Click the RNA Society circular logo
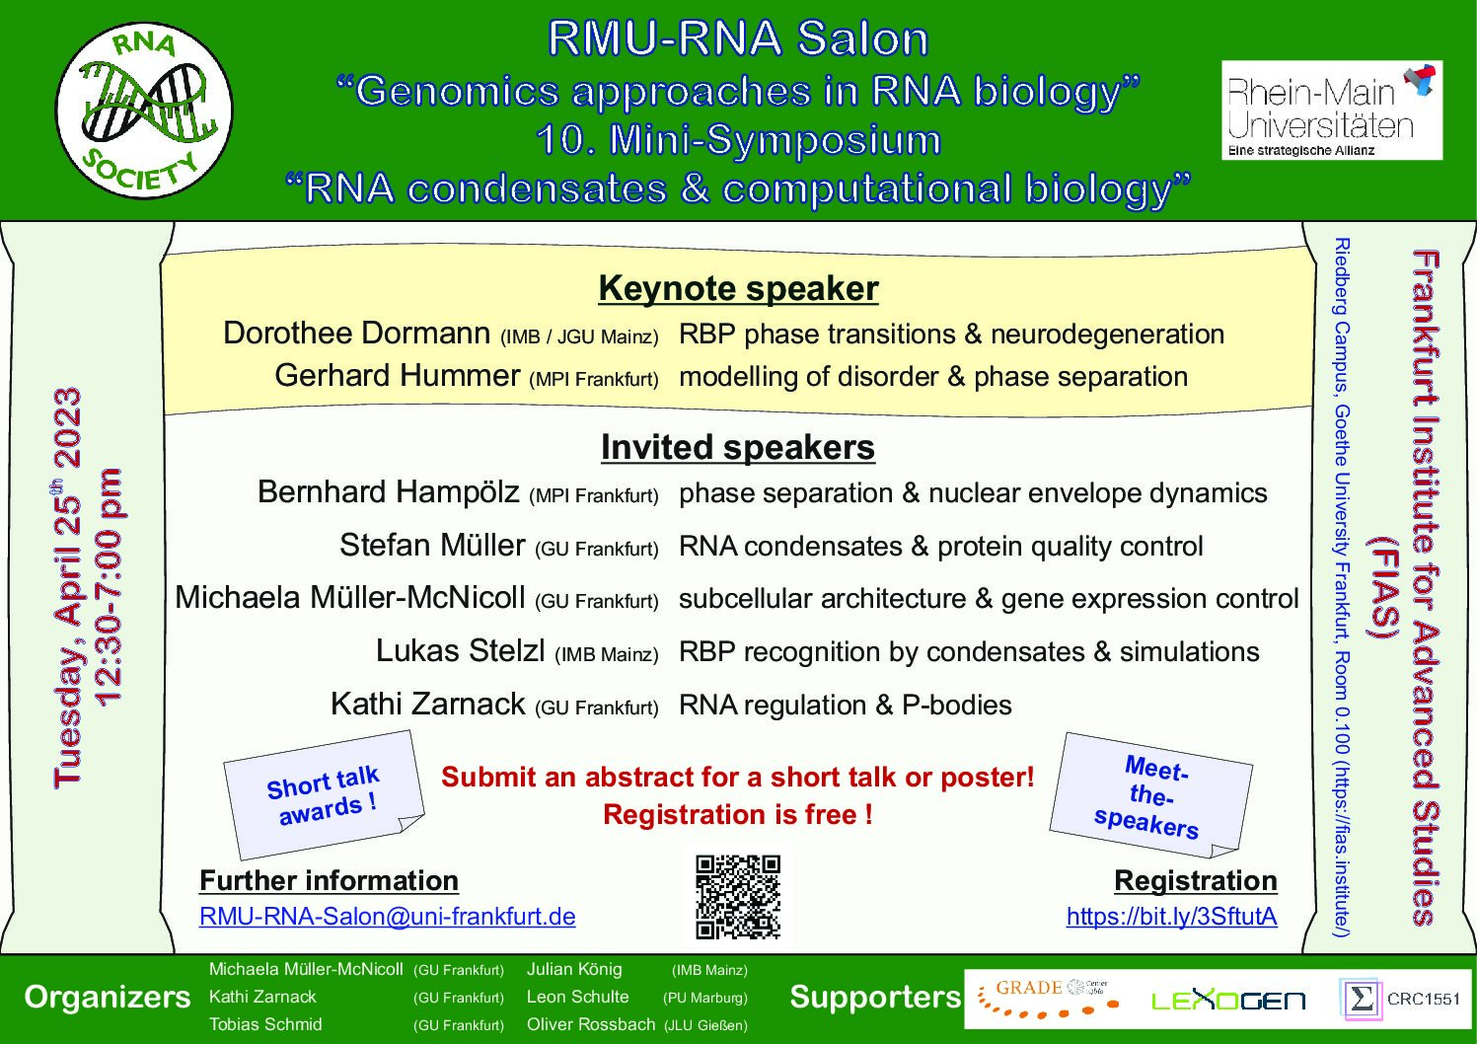coord(144,111)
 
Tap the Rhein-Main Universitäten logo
coord(1332,111)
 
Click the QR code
coord(738,897)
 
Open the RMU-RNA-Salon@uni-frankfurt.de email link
coord(387,916)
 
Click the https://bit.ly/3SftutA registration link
coord(1172,916)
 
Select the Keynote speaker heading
coord(738,288)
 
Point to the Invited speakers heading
coord(738,447)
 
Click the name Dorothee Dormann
coord(357,334)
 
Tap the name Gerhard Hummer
coord(398,375)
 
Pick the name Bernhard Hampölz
coord(389,492)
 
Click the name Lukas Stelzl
coord(460,651)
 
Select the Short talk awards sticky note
coord(325,794)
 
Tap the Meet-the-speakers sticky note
coord(1150,795)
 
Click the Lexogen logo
coord(1227,1001)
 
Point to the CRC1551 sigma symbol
coord(1361,1000)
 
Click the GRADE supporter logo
coord(1049,998)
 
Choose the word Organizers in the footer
coord(108,998)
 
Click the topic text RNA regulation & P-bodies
coord(846,705)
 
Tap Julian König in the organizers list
coord(574,969)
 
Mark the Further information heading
coord(329,880)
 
